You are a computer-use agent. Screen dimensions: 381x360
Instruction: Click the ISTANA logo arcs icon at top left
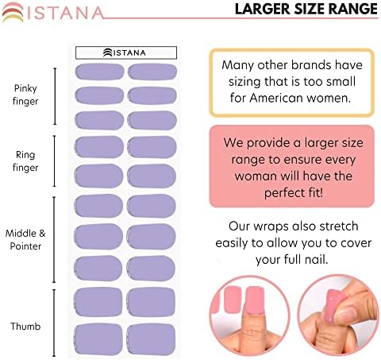pos(13,12)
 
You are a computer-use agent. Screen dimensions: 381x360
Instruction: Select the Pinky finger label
pos(25,95)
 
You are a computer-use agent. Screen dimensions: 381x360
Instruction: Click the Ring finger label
pos(25,161)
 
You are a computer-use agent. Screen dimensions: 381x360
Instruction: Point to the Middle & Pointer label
pos(25,240)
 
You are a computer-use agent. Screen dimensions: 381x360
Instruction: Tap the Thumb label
pos(25,326)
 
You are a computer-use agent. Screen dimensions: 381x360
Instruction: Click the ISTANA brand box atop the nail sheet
pos(126,52)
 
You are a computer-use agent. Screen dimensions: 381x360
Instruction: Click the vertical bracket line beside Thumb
pos(54,323)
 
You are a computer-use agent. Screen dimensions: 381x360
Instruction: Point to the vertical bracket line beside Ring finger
pos(55,161)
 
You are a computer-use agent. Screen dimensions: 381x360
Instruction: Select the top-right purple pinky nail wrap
pos(152,72)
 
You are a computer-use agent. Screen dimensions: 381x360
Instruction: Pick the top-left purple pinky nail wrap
pos(99,72)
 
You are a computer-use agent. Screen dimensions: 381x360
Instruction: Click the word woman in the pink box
pos(256,176)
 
